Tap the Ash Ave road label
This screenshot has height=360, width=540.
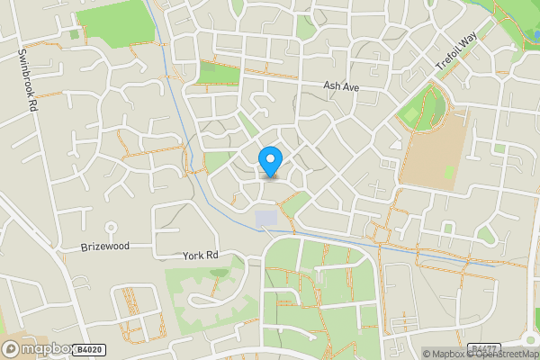341,86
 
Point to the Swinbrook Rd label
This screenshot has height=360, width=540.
27,80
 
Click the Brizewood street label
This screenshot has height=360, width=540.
105,246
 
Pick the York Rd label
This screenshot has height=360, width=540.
200,256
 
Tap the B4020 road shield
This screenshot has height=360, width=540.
87,348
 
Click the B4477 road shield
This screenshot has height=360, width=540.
483,347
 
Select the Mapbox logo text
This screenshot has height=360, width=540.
42,348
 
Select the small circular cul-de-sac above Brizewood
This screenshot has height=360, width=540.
112,226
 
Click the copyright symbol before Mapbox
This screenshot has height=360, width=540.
427,354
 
